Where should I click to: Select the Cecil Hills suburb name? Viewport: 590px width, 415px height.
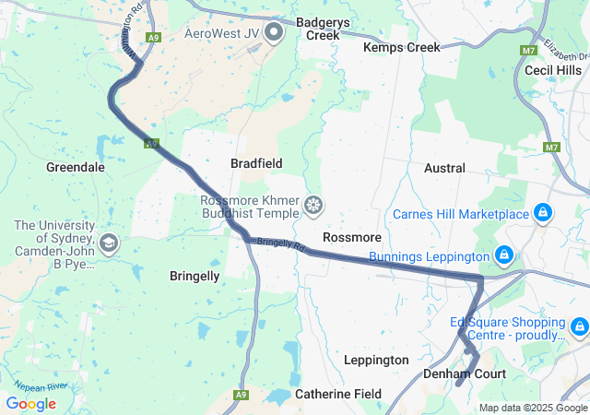click(x=552, y=70)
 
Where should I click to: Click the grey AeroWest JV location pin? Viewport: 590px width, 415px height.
click(x=274, y=34)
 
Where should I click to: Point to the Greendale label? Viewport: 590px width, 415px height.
click(x=75, y=168)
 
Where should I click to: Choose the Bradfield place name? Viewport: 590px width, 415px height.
click(x=256, y=162)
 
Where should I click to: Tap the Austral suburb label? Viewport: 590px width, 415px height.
click(x=444, y=169)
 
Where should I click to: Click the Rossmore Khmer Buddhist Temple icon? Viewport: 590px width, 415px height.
click(x=314, y=205)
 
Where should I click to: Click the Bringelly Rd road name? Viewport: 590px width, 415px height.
click(x=280, y=244)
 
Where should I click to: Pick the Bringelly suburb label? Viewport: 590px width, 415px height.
click(x=195, y=276)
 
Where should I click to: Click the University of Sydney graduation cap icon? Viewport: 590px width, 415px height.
click(x=109, y=243)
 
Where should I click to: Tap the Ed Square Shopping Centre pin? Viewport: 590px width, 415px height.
click(x=579, y=326)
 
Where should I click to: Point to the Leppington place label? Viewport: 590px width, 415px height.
click(x=375, y=360)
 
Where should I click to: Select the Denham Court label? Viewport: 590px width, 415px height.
click(x=465, y=374)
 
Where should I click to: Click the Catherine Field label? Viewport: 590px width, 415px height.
click(x=337, y=394)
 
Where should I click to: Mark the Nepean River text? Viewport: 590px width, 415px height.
click(x=42, y=386)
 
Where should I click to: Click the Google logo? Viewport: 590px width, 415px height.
click(x=30, y=403)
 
